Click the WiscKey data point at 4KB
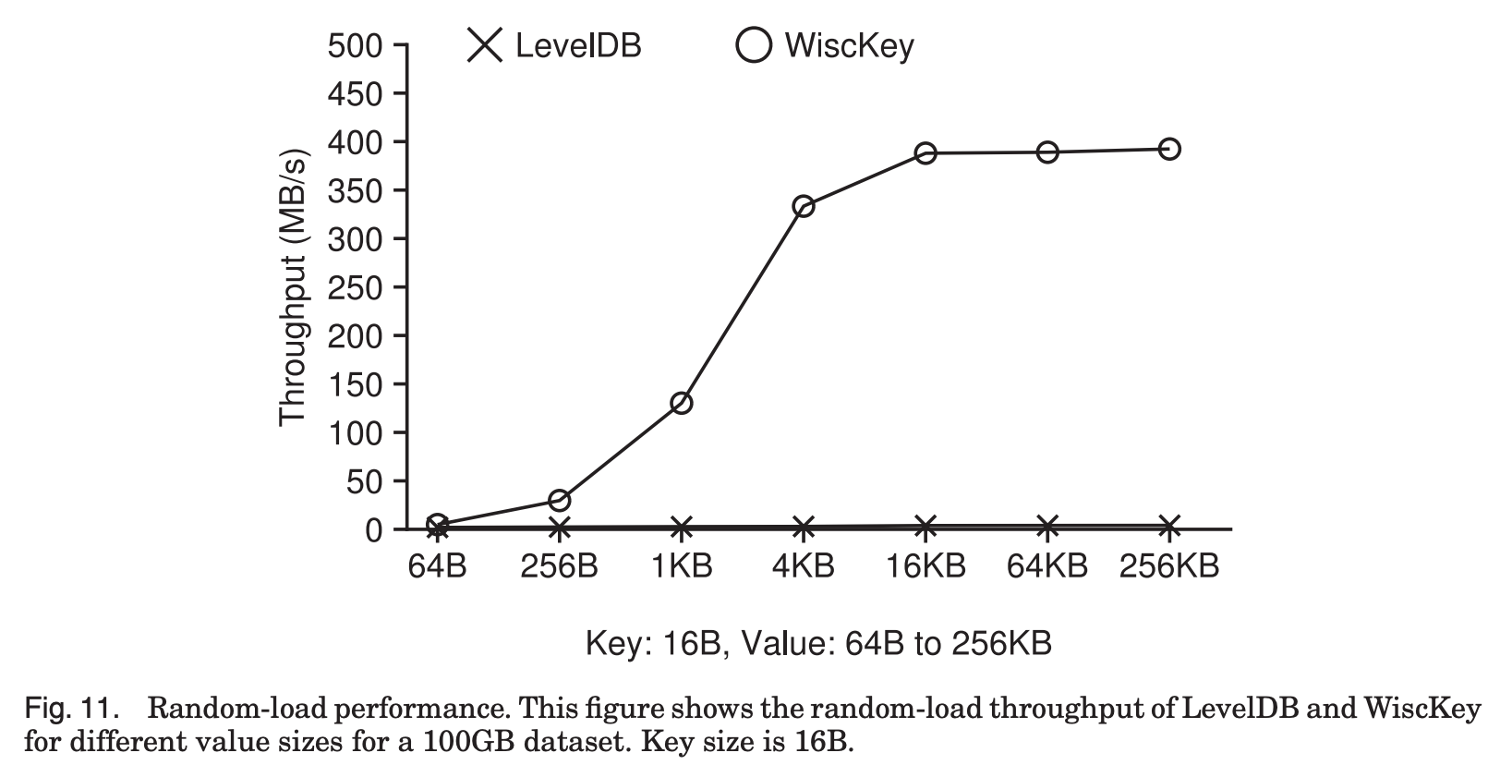pyautogui.click(x=804, y=206)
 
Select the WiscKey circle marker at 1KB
pyautogui.click(x=682, y=403)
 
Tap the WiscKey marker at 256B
pyautogui.click(x=559, y=501)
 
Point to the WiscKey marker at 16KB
pyautogui.click(x=925, y=153)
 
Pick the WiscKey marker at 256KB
pyautogui.click(x=1169, y=149)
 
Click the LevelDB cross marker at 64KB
pyautogui.click(x=1047, y=527)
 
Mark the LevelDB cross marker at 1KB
pyautogui.click(x=682, y=528)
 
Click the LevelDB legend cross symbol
pyautogui.click(x=485, y=44)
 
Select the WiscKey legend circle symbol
pyautogui.click(x=753, y=44)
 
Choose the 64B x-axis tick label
pyautogui.click(x=437, y=566)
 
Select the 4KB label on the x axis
pyautogui.click(x=804, y=566)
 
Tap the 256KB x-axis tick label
pyautogui.click(x=1169, y=566)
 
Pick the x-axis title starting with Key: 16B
pyautogui.click(x=818, y=642)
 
